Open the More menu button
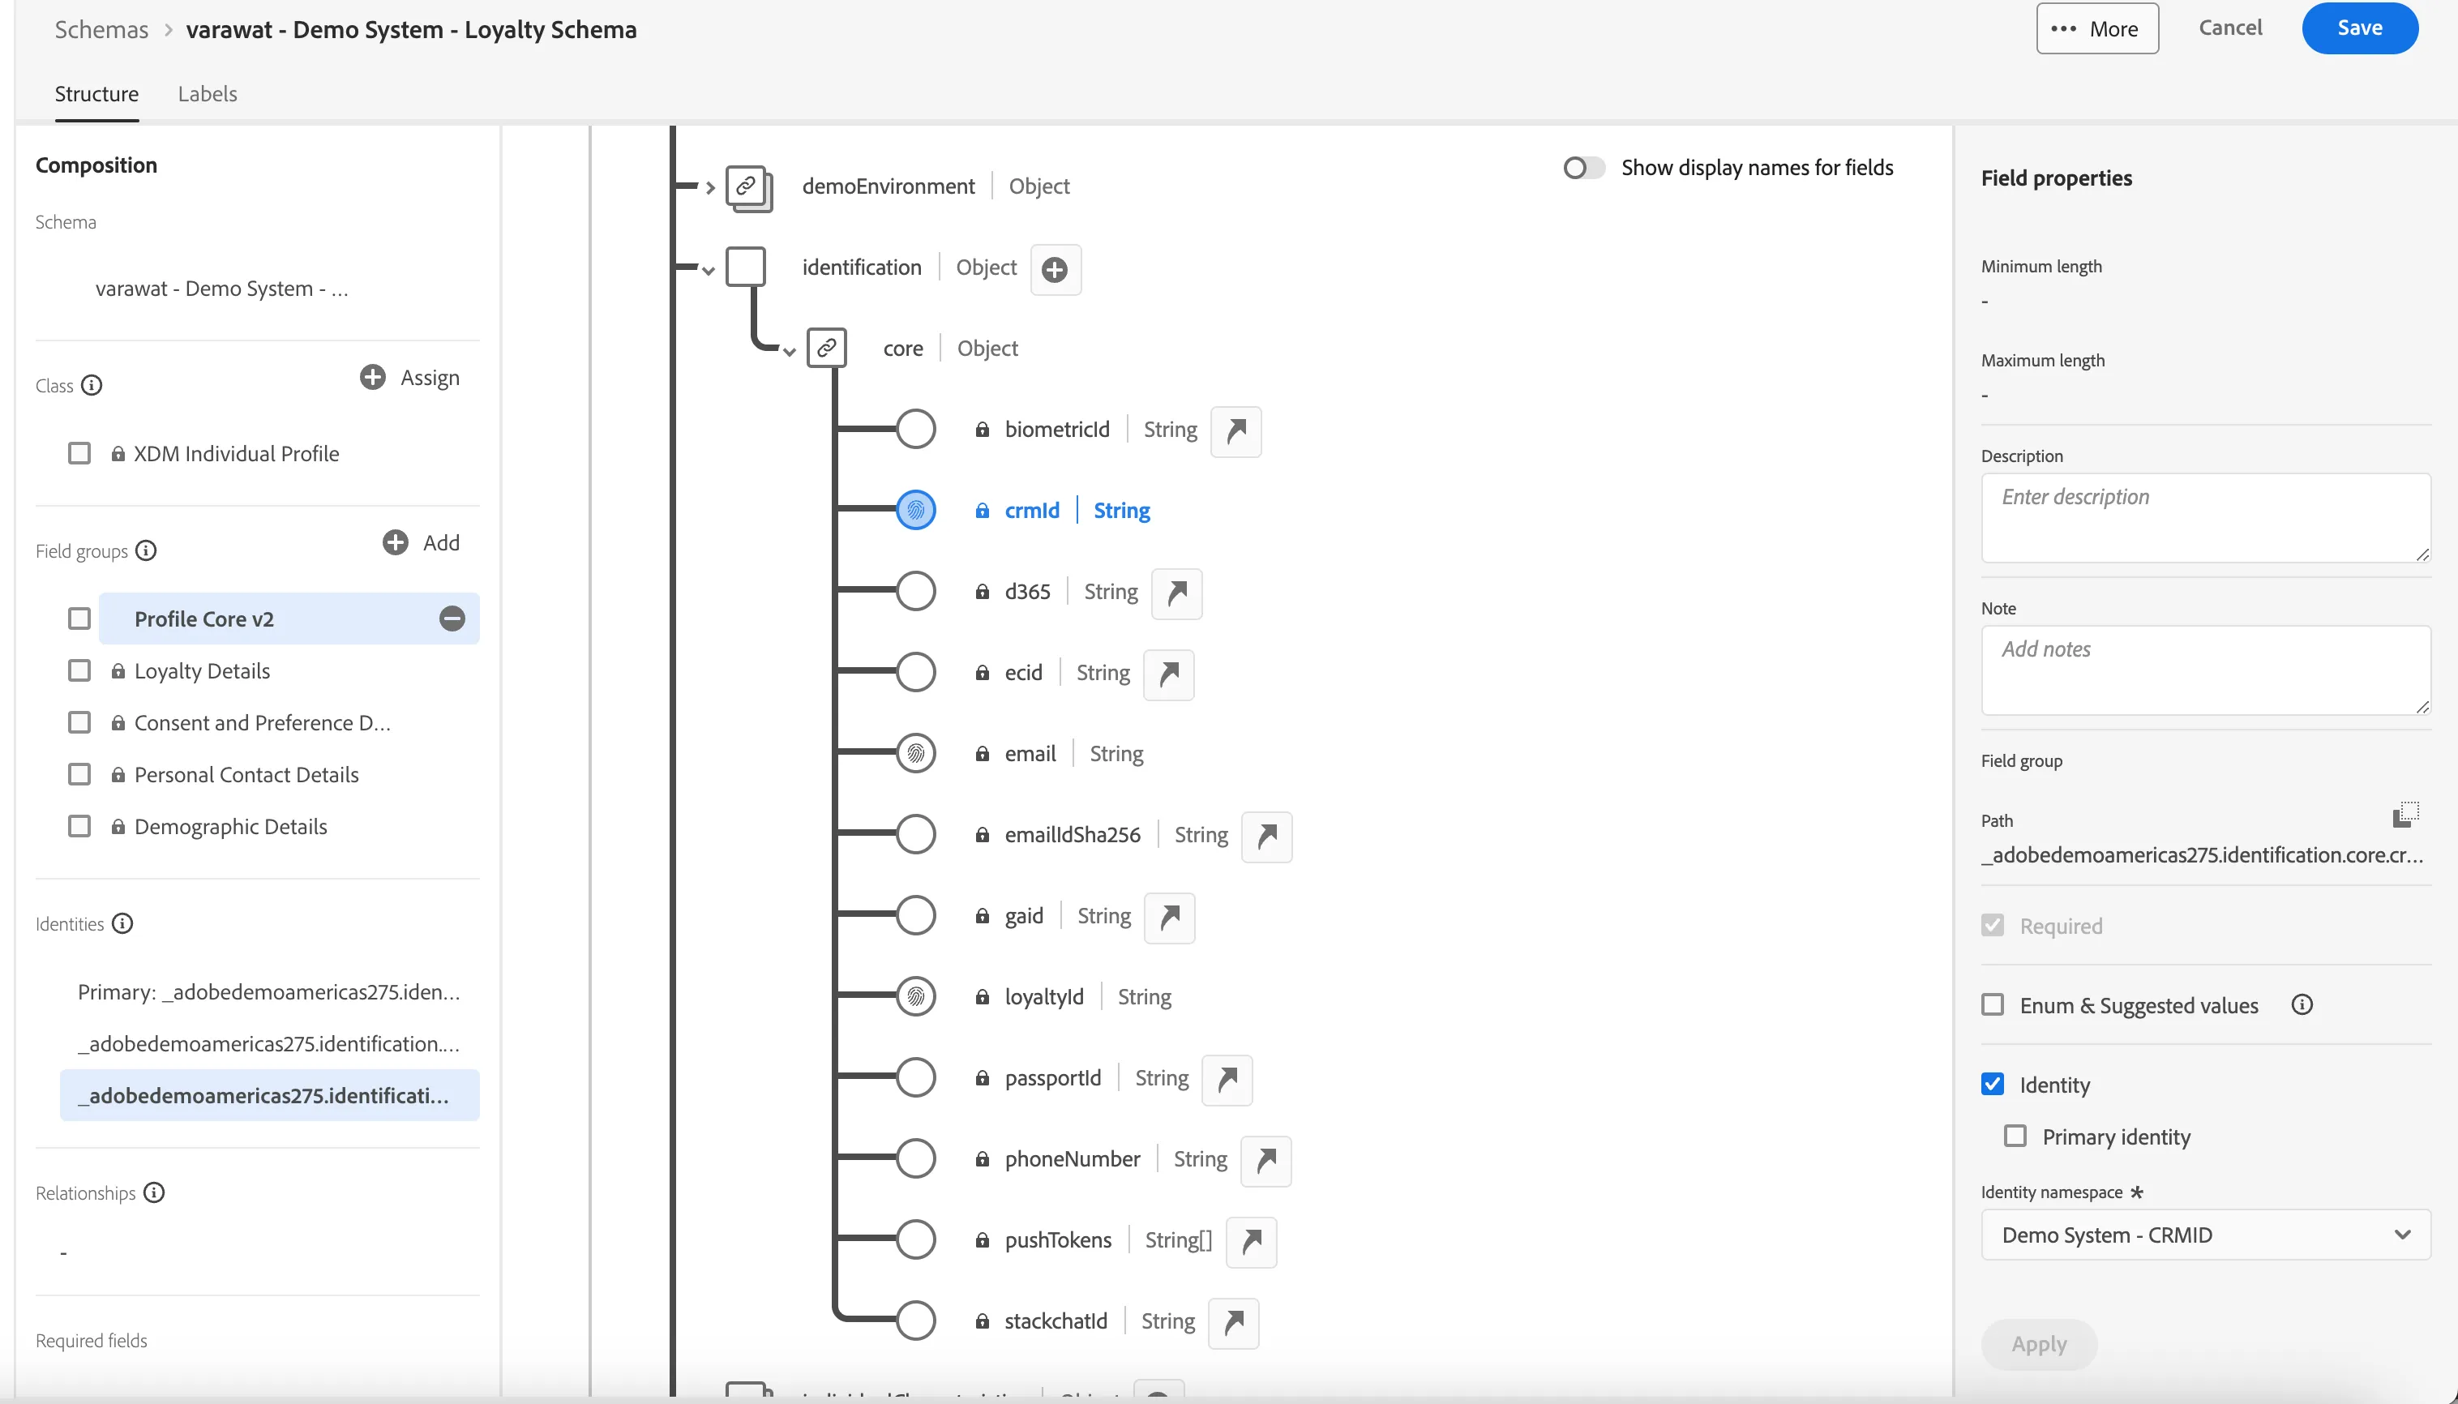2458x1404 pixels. tap(2096, 29)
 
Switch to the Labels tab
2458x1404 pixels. tap(208, 93)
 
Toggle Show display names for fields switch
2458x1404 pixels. tap(1583, 168)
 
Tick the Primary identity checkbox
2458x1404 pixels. tap(2015, 1136)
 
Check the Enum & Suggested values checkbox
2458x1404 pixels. tap(1992, 1005)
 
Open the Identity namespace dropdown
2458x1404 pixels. tap(2205, 1235)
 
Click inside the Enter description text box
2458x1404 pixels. tap(2205, 517)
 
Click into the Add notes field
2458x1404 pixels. tap(2205, 670)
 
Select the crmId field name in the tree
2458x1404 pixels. tap(1032, 510)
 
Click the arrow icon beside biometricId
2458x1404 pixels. tap(1236, 430)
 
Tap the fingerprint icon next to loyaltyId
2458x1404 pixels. tap(916, 996)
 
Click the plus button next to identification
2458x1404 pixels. tap(1055, 269)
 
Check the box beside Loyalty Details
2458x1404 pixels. tap(79, 671)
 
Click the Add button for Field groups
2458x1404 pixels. tap(422, 543)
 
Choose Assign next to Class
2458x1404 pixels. tap(410, 377)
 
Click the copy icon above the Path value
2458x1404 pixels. tap(2406, 814)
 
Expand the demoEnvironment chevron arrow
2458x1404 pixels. tap(709, 187)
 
